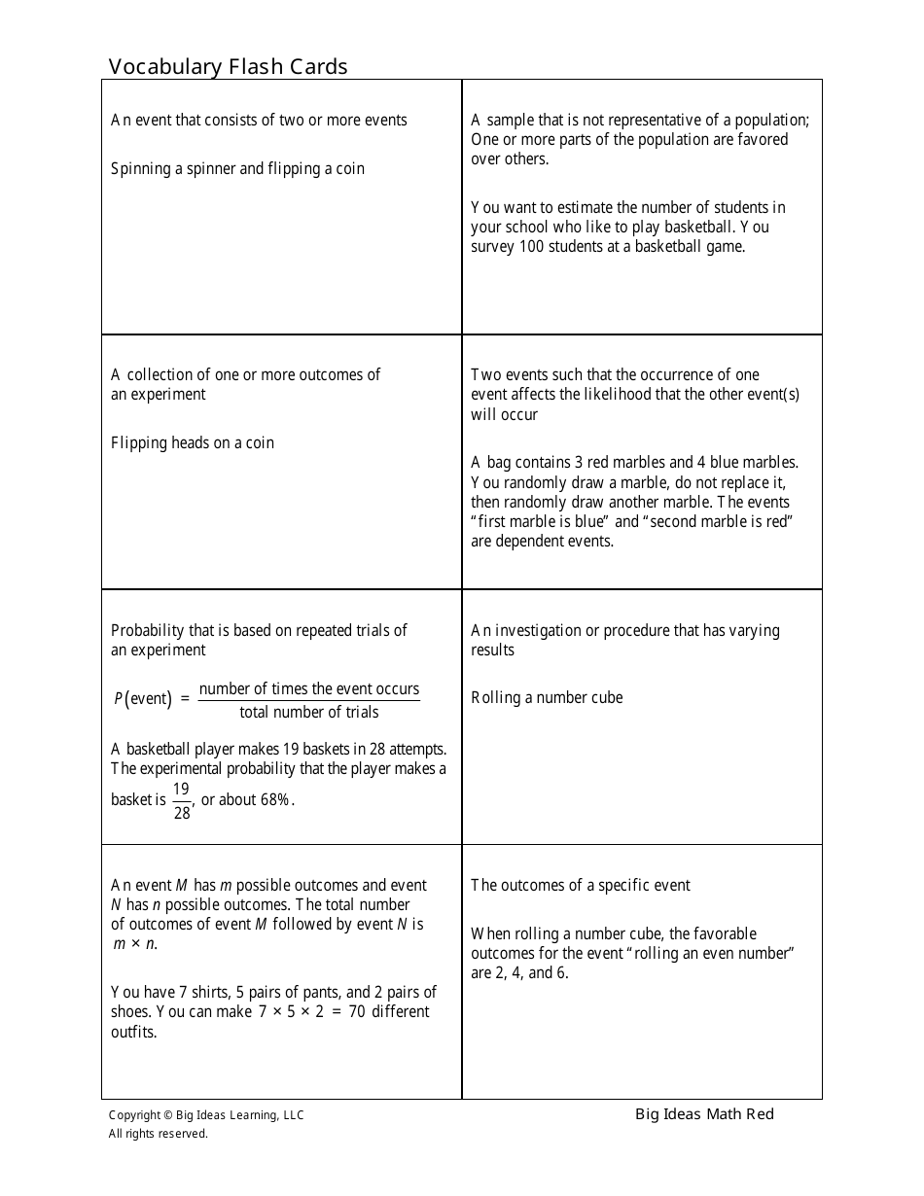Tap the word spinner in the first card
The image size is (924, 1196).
pos(211,168)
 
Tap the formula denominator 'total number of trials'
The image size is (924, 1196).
pos(309,712)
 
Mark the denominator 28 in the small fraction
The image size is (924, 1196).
pos(182,813)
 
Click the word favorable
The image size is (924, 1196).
pos(729,933)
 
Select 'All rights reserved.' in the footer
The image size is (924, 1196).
pos(158,1133)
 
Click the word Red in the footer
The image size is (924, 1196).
pos(761,1114)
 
